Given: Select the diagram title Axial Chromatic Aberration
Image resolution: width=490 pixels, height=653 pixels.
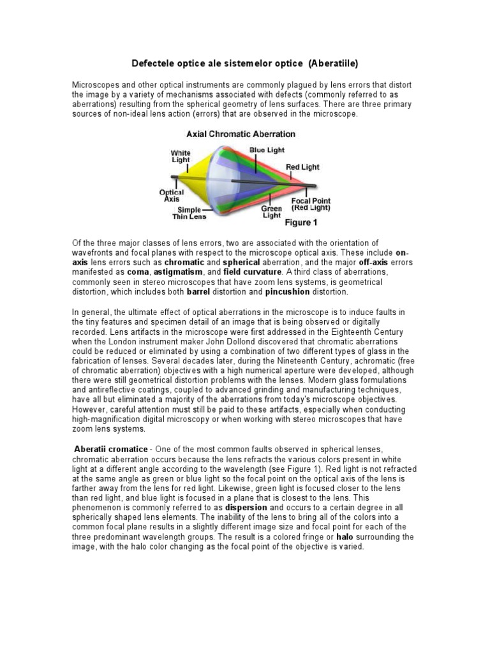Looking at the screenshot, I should click(241, 135).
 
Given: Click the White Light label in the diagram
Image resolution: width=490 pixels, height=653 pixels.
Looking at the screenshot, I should click(180, 157).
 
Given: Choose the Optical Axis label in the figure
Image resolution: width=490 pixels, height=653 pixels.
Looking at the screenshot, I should click(171, 196).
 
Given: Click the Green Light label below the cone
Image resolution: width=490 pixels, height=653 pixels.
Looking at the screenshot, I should click(271, 212).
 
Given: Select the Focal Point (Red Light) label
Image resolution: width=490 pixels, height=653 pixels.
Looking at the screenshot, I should click(311, 204).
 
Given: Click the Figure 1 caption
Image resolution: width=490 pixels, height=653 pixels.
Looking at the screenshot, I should click(301, 223).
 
